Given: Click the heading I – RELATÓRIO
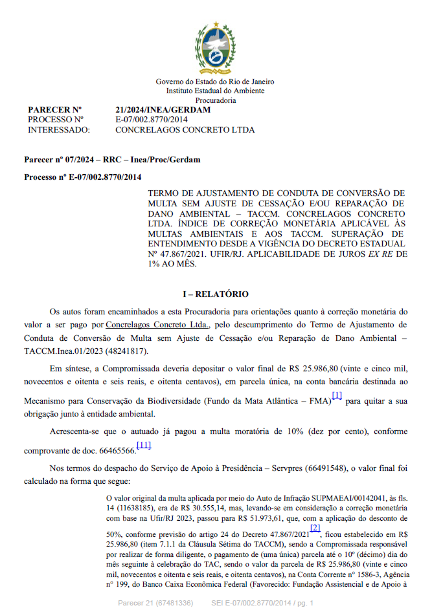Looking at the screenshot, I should click(216, 294).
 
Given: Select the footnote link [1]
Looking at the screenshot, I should click(337, 395).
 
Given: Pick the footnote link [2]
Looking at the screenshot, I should click(315, 528).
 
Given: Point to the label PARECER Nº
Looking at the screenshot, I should click(54, 110).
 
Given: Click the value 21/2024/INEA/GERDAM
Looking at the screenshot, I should click(163, 110).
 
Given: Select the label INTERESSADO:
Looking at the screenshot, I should click(59, 129).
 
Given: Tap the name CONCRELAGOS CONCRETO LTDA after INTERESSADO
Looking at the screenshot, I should click(185, 129).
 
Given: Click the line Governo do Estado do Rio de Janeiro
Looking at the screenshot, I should click(215, 82).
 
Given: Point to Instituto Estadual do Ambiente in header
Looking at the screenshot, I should click(215, 91).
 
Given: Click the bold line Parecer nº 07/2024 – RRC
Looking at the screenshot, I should click(112, 159).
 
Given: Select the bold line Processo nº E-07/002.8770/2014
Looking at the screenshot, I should click(82, 177).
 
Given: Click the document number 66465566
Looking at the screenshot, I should click(116, 450).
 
